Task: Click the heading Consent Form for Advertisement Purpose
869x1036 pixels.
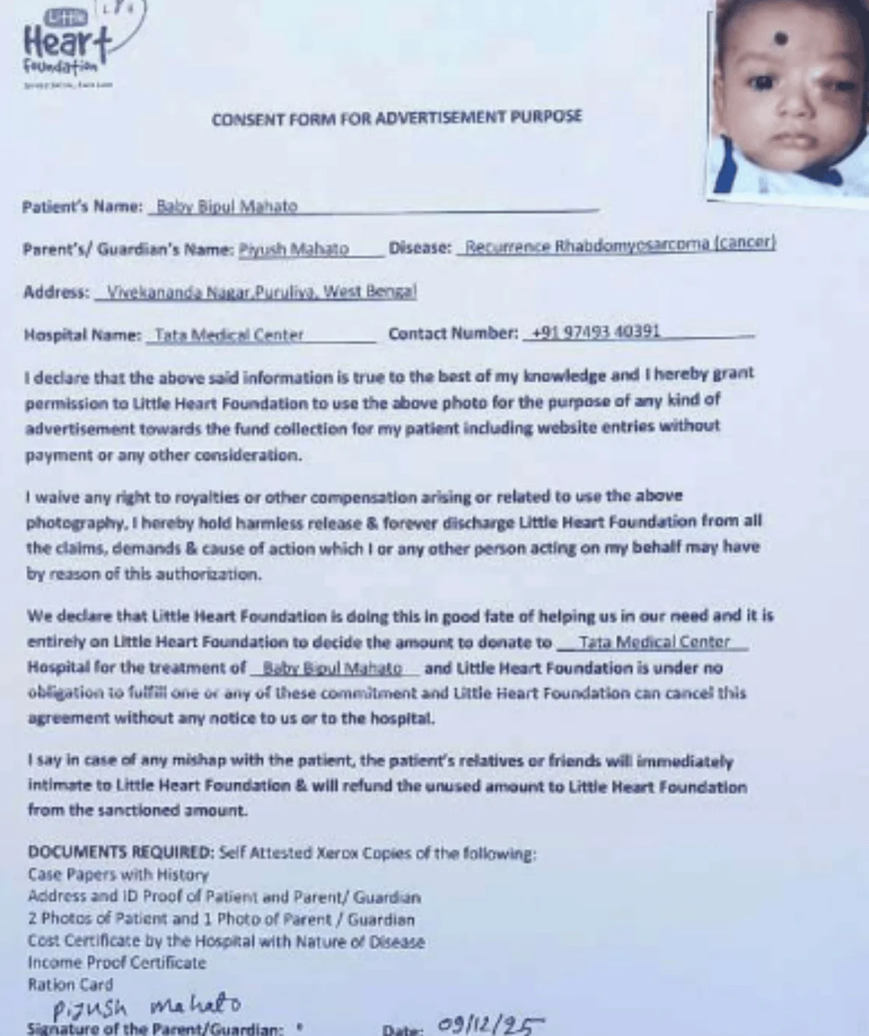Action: [396, 117]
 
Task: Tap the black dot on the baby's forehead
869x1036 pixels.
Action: [781, 39]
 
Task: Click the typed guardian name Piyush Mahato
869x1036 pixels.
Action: [293, 249]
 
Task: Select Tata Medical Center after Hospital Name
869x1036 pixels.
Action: [229, 335]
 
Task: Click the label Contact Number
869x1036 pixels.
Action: [452, 334]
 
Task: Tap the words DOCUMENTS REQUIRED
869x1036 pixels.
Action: [120, 852]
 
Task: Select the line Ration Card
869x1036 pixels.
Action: [70, 984]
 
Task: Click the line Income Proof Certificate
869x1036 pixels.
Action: [117, 962]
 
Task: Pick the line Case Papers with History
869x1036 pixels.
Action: [118, 874]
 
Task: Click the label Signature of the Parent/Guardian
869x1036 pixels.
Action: [155, 1028]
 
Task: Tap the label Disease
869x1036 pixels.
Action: [420, 247]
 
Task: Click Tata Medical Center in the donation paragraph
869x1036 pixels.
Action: [654, 642]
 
